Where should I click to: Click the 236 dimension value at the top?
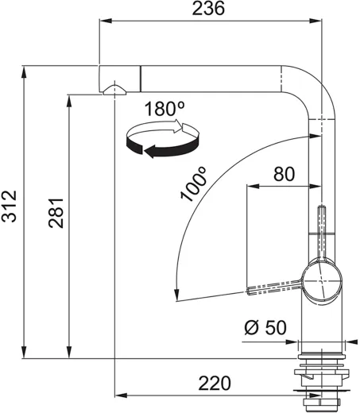(209, 9)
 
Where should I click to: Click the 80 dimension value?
(285, 174)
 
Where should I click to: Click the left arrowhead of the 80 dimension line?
(251, 187)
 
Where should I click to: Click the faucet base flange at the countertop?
(323, 348)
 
